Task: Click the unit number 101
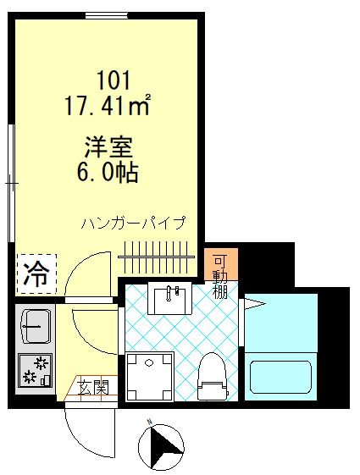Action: [x=114, y=82]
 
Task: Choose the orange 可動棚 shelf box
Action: [x=220, y=273]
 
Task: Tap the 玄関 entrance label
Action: [x=94, y=389]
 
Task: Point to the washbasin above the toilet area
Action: [x=171, y=299]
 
